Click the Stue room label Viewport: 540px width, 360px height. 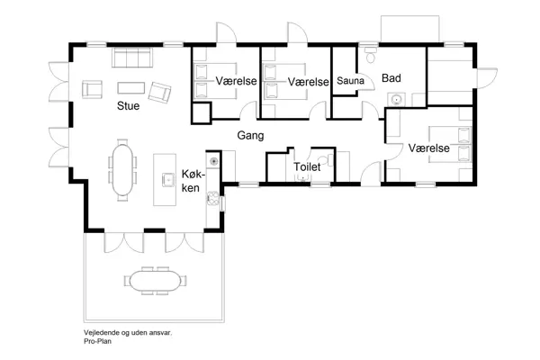click(128, 105)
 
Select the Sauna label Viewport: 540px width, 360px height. click(349, 81)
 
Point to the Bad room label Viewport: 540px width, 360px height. click(391, 78)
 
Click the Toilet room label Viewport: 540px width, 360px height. click(307, 166)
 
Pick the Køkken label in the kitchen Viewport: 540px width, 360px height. click(193, 180)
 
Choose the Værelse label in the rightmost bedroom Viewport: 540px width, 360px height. click(428, 147)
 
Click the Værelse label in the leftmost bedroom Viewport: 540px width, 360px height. click(237, 81)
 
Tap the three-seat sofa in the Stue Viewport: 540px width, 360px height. click(131, 59)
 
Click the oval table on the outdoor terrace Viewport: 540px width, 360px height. click(153, 281)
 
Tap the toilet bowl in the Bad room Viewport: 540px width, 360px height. click(371, 58)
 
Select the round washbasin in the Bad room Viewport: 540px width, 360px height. click(394, 101)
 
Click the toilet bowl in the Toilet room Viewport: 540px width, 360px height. click(302, 177)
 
